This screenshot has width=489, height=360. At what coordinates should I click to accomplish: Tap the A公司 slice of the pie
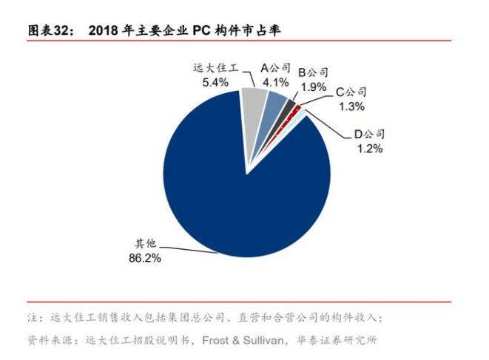[275, 108]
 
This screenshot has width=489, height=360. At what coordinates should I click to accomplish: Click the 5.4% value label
[215, 82]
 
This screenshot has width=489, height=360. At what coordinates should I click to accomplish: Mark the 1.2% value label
[369, 149]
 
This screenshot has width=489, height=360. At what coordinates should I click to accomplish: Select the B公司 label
[313, 72]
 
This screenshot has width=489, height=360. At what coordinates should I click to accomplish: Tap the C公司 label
[351, 92]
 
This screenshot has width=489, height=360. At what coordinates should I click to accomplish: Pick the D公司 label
[369, 135]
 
